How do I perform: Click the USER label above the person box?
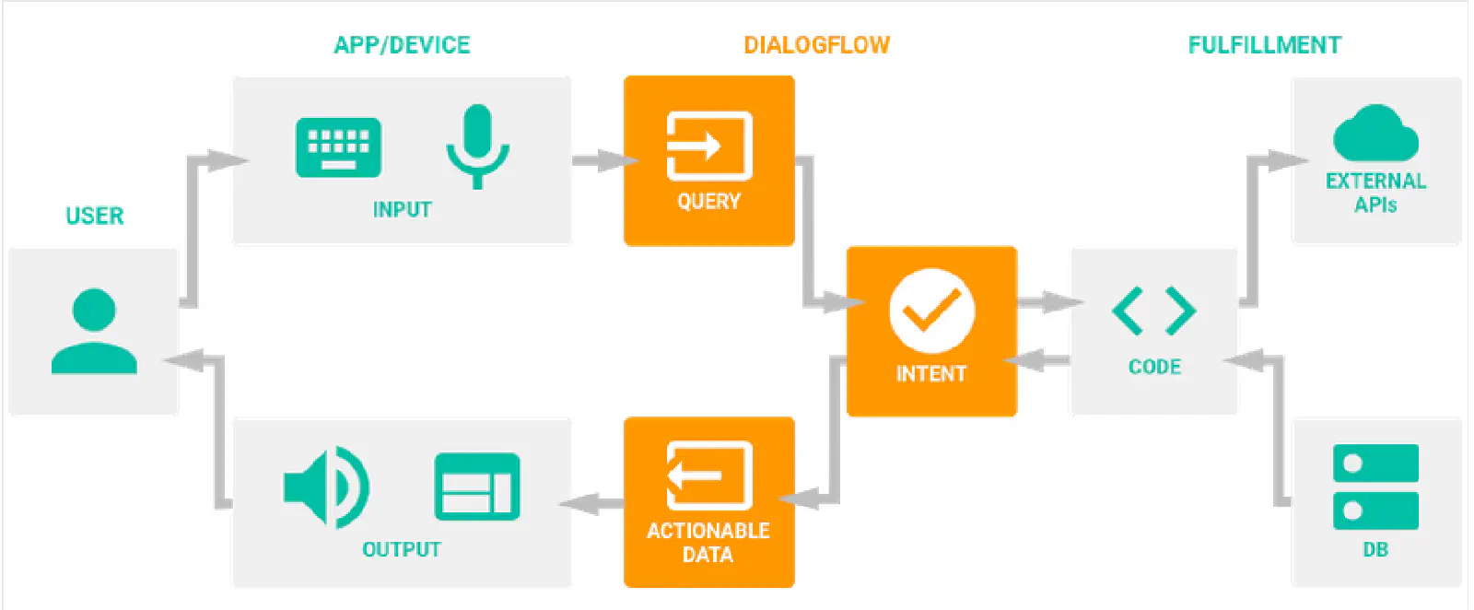[x=94, y=216]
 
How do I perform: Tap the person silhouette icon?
[x=94, y=332]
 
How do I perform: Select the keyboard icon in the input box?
[x=338, y=147]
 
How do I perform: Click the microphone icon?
[x=477, y=146]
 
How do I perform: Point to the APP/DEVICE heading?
[x=402, y=45]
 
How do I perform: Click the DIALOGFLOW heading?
[x=816, y=45]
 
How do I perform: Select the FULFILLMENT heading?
[x=1264, y=45]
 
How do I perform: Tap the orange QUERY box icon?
[x=708, y=146]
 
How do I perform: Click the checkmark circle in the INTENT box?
[x=931, y=311]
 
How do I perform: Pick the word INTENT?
[x=931, y=374]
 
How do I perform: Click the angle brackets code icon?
[x=1154, y=311]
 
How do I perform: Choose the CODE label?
[x=1154, y=367]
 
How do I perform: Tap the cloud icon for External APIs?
[x=1375, y=135]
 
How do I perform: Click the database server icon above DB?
[x=1375, y=487]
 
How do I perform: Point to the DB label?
[x=1375, y=550]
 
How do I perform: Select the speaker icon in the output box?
[x=326, y=487]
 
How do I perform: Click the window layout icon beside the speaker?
[x=476, y=487]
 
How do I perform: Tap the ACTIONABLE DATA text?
[x=708, y=543]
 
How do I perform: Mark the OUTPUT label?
[x=402, y=550]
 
